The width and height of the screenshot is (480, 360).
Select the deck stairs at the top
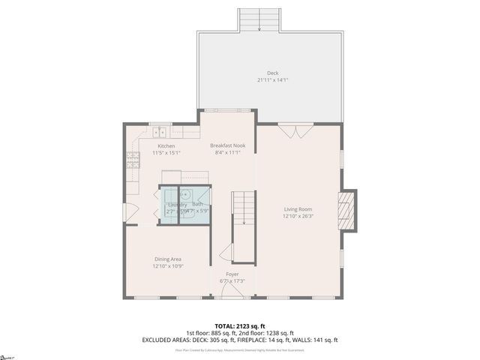click(x=259, y=20)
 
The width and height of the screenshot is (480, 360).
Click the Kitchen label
click(x=166, y=145)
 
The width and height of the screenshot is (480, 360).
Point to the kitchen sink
click(x=162, y=132)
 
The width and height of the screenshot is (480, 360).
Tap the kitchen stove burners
click(x=132, y=158)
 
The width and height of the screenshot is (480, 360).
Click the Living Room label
click(x=297, y=209)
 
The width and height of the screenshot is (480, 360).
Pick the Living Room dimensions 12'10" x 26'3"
click(x=297, y=216)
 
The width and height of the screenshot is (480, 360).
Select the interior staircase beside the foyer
click(x=243, y=225)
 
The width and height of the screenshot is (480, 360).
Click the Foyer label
click(x=232, y=274)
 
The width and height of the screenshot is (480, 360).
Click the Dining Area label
click(x=167, y=259)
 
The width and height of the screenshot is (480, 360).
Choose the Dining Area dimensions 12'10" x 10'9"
click(x=167, y=265)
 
